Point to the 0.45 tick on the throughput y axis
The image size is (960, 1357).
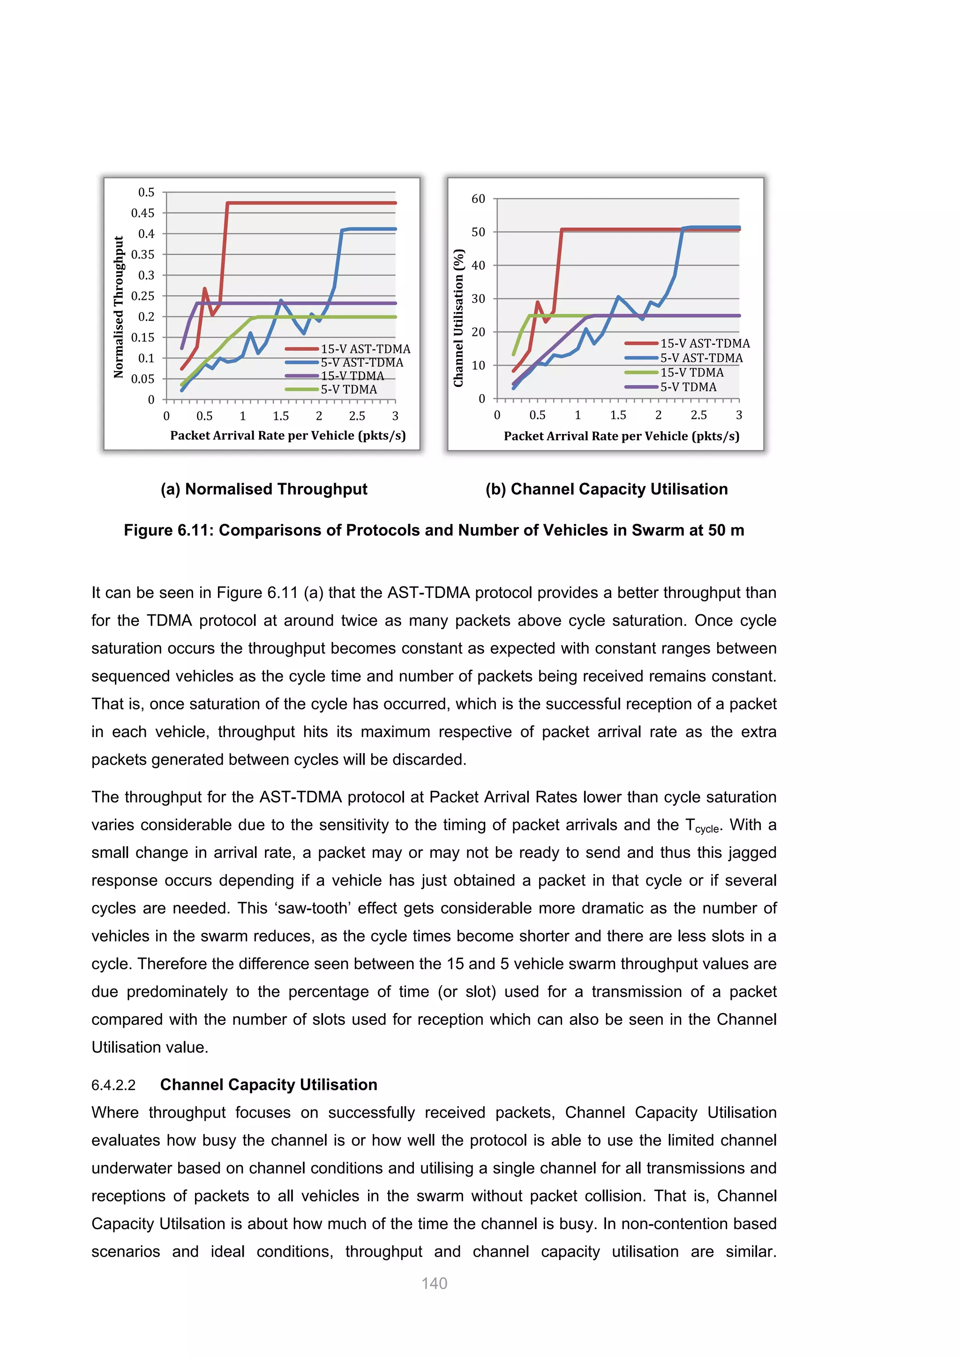142,213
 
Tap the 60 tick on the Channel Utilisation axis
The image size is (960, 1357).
478,199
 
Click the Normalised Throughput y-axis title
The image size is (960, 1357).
119,307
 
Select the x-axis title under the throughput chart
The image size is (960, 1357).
288,436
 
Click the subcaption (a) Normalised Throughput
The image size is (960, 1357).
263,489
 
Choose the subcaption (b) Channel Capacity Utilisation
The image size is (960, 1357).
607,489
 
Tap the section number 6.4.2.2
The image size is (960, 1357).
113,1085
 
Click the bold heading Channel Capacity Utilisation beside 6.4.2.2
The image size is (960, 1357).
269,1085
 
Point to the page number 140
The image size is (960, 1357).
434,1283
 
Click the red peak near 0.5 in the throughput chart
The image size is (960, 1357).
204,289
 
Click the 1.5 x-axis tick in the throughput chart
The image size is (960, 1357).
281,416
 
